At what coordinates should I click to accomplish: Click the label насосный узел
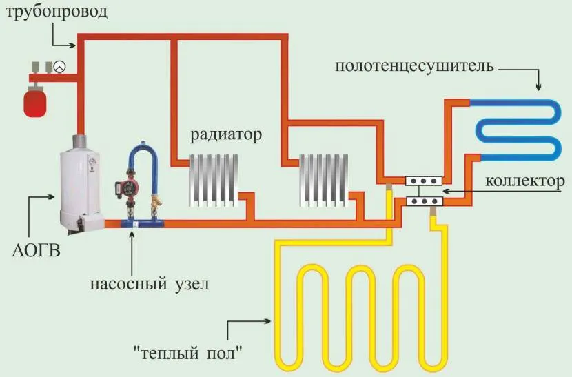pyautogui.click(x=148, y=283)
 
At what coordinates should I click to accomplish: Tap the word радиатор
pyautogui.click(x=227, y=134)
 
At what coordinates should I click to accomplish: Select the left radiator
pyautogui.click(x=214, y=179)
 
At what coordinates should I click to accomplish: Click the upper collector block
pyautogui.click(x=421, y=181)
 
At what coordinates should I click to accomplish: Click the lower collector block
pyautogui.click(x=421, y=201)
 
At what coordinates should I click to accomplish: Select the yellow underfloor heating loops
pyautogui.click(x=358, y=303)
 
